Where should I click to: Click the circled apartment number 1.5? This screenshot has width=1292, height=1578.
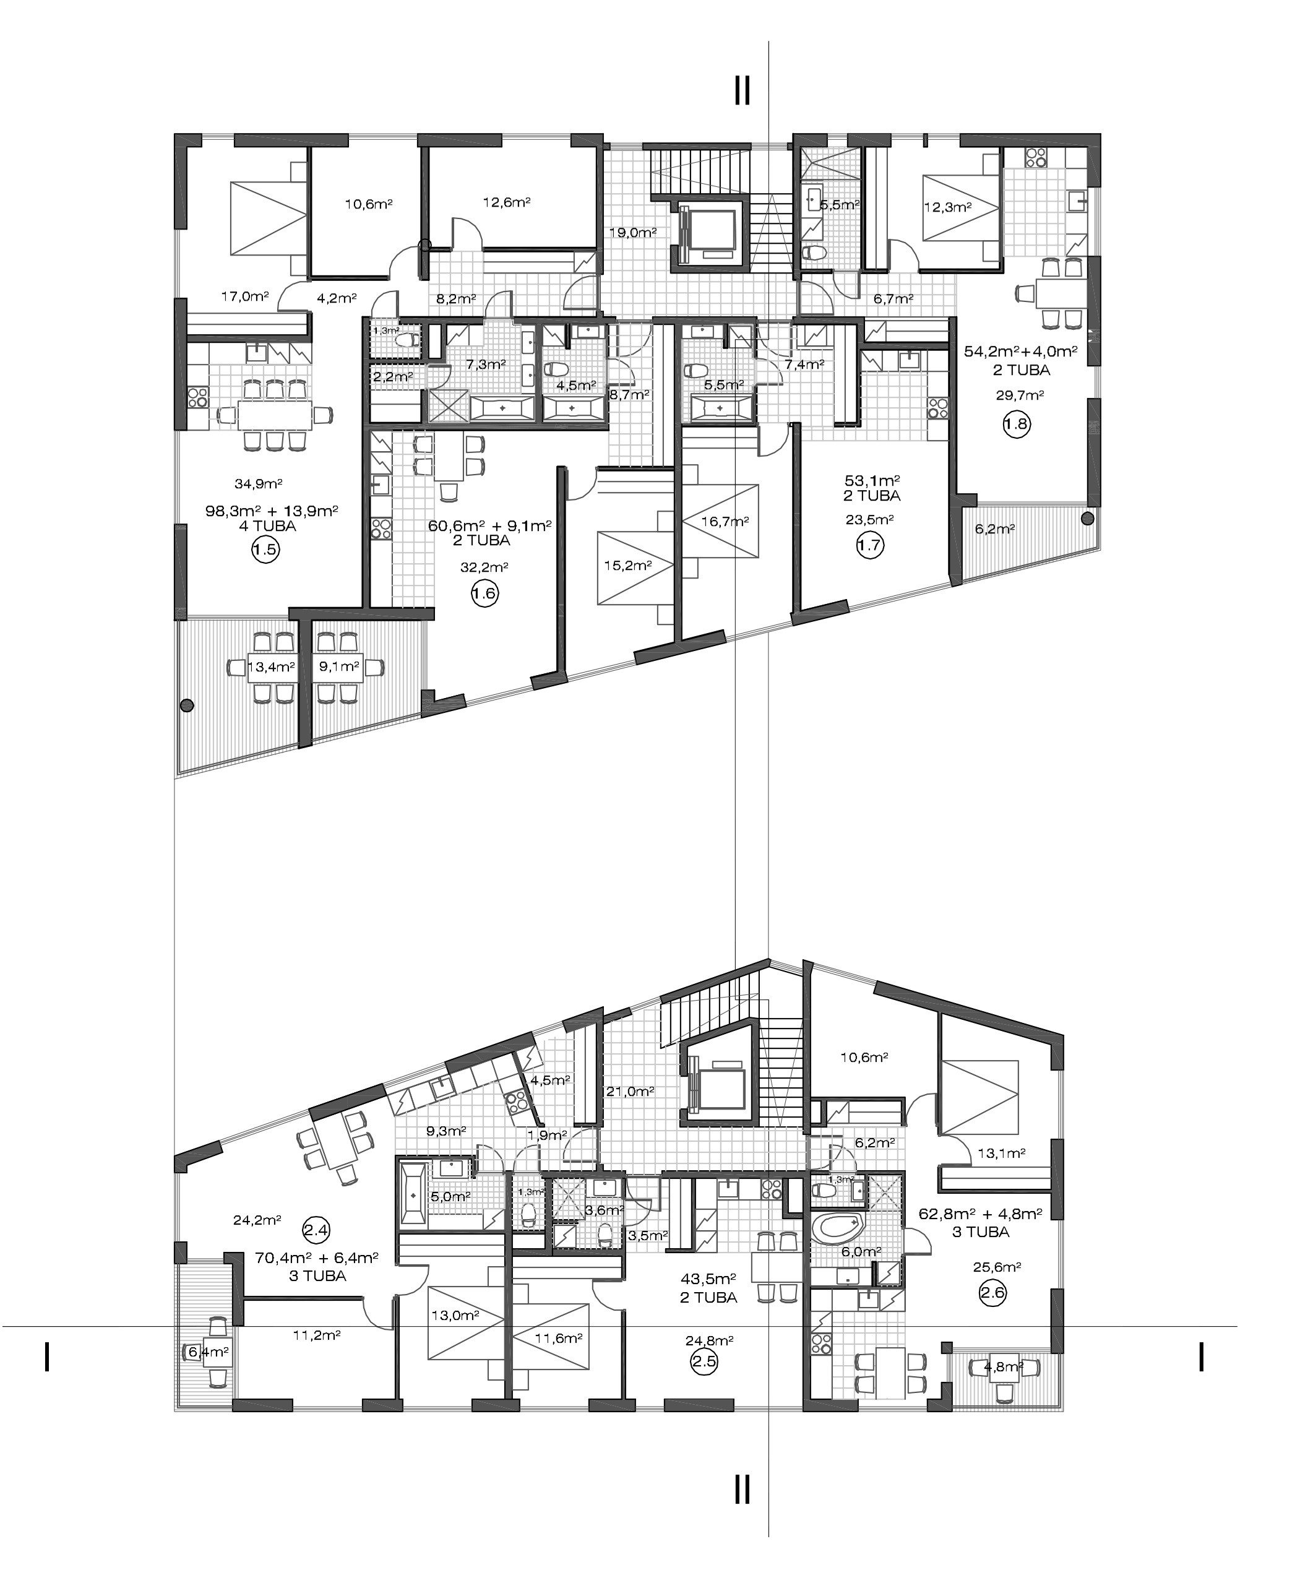click(265, 551)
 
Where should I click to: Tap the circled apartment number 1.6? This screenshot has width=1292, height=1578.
click(484, 593)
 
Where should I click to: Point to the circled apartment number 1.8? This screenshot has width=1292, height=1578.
click(1016, 425)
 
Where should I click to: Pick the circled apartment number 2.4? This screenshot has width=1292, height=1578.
click(316, 1230)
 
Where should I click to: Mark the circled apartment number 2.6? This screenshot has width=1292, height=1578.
click(993, 1293)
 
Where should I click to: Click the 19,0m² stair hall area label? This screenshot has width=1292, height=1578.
click(632, 232)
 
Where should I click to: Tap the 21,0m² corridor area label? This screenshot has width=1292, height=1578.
click(631, 1091)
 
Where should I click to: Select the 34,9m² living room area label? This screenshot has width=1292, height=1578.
click(258, 484)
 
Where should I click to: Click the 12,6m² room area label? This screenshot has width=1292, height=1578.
click(506, 202)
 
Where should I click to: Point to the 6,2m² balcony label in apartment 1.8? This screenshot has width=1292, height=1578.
click(995, 529)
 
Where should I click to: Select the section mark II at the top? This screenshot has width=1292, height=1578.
click(742, 90)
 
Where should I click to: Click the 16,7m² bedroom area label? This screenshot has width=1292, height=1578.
click(725, 522)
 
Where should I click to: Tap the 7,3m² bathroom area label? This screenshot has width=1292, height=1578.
click(485, 364)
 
